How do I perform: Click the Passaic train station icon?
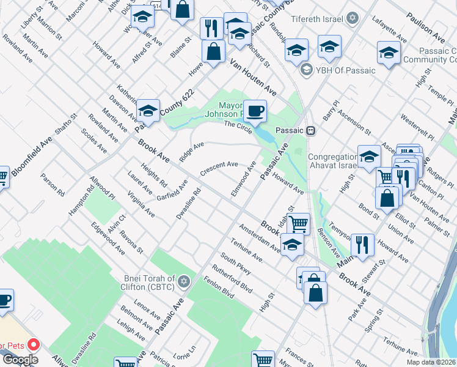(x=311, y=130)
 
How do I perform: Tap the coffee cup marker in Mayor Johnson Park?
(x=255, y=111)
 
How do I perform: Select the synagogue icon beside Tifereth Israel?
(x=351, y=19)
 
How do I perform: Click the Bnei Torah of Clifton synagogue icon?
(x=183, y=282)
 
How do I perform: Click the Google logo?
(x=20, y=360)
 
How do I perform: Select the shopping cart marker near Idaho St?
(x=298, y=223)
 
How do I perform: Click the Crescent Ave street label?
(x=219, y=168)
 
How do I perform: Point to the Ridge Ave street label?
(x=191, y=152)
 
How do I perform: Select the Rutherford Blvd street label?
(x=232, y=279)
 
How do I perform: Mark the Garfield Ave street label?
(x=172, y=190)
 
